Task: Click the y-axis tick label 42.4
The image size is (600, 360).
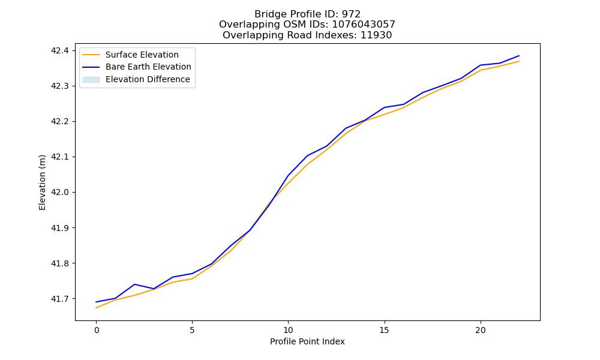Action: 60,50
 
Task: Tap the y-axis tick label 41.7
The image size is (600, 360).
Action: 60,299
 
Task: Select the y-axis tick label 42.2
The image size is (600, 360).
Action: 60,121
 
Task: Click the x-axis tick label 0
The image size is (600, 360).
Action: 97,330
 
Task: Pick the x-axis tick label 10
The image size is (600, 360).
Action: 288,330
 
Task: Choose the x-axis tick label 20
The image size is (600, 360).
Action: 480,330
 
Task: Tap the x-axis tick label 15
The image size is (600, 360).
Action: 384,330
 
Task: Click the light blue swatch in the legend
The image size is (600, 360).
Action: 91,80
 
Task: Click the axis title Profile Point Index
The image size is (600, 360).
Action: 307,341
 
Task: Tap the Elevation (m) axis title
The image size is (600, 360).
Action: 42,182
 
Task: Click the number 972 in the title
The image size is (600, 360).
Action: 351,14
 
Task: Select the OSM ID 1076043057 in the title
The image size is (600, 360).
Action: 364,25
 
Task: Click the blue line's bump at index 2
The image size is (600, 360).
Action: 134,284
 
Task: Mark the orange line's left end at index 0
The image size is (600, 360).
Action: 96,308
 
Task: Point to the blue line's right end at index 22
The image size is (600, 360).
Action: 519,56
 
